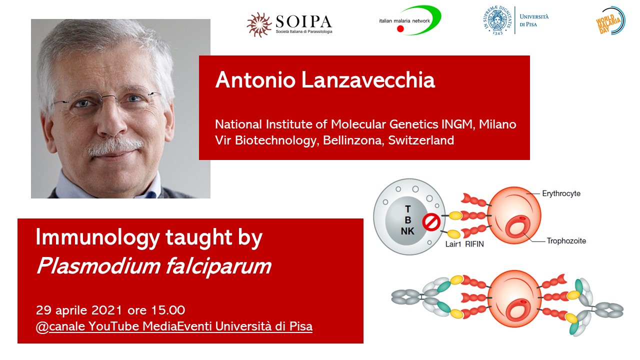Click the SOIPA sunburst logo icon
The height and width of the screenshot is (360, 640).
(x=259, y=24)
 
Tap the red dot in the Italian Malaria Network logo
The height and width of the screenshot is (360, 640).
(x=400, y=28)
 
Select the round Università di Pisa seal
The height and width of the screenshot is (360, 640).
(x=497, y=20)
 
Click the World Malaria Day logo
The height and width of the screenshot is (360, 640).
(x=610, y=21)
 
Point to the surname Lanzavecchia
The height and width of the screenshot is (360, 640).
(x=368, y=80)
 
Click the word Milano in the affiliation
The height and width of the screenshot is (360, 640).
(x=497, y=124)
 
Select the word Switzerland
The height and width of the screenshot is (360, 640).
(x=421, y=140)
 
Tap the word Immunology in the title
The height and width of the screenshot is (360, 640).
(x=97, y=237)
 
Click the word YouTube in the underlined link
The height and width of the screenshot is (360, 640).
(x=113, y=326)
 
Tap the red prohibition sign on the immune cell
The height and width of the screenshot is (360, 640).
(x=431, y=222)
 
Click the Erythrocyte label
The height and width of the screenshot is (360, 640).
(x=561, y=193)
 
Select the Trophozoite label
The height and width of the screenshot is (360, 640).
(x=566, y=241)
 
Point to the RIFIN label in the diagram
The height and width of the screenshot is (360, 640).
(x=474, y=244)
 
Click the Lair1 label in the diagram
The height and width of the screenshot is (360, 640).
(x=453, y=244)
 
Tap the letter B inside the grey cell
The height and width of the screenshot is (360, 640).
(x=408, y=220)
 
